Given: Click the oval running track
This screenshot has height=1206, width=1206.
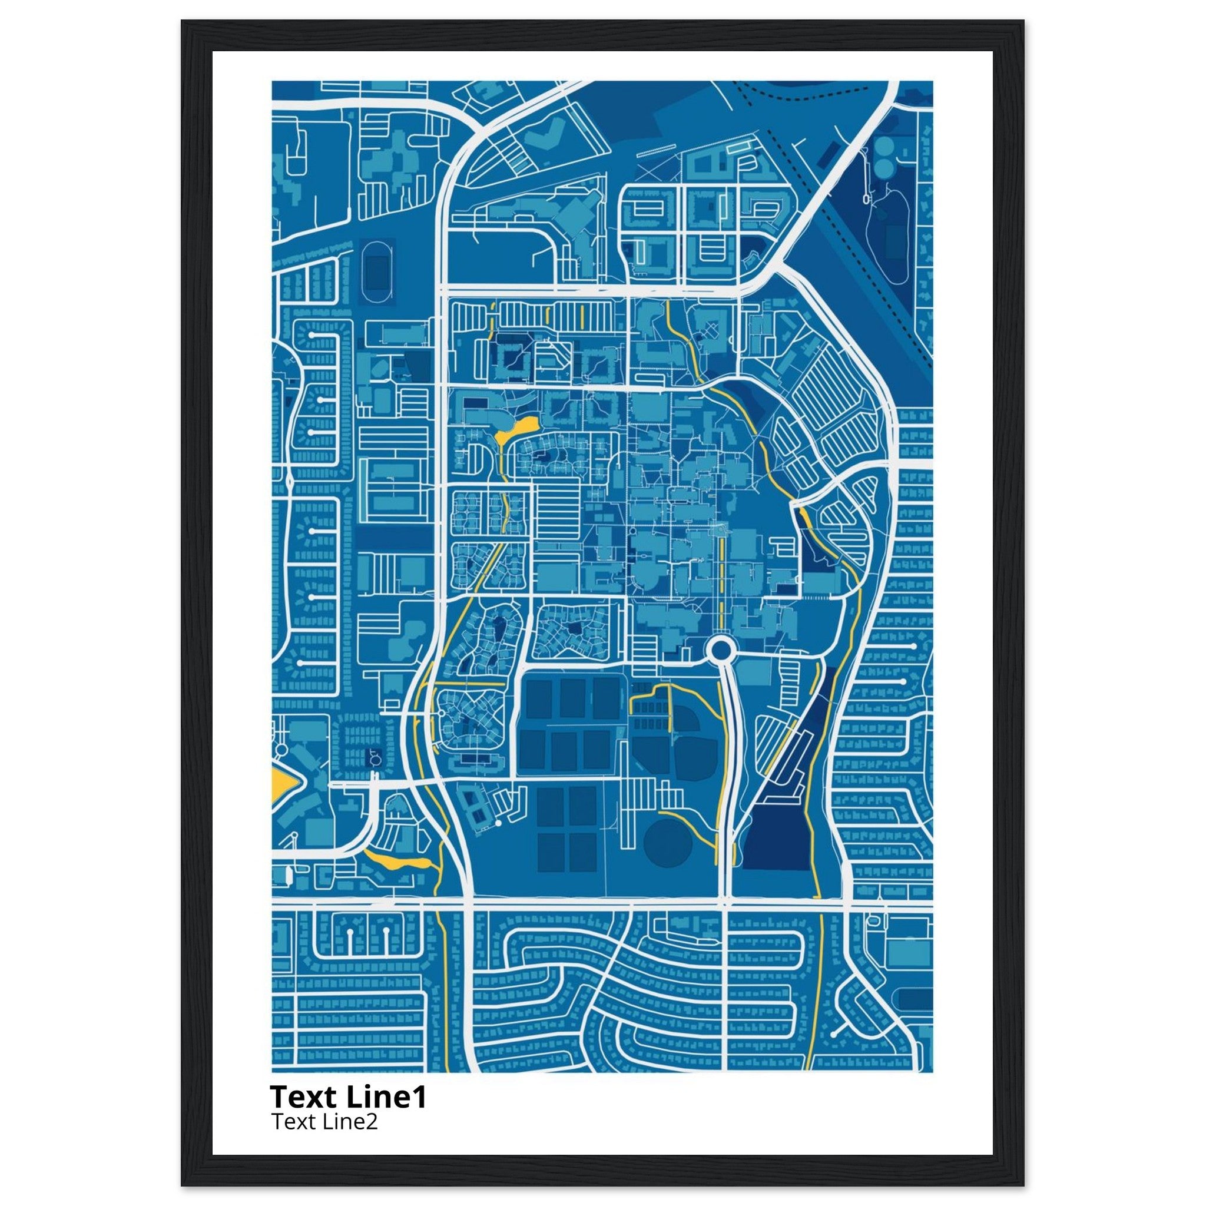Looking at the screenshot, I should click(377, 271).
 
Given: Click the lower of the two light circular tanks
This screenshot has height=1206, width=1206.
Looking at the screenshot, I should click(884, 167).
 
